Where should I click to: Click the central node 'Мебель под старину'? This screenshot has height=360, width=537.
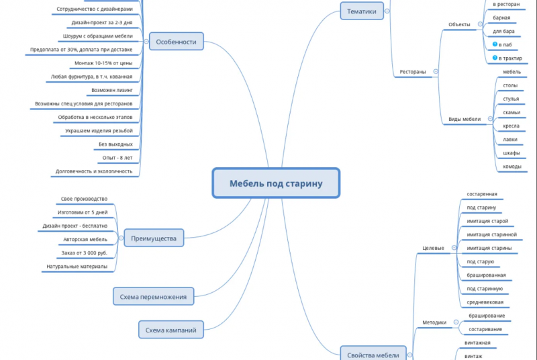pos(276,183)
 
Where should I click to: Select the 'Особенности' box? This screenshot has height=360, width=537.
pos(177,42)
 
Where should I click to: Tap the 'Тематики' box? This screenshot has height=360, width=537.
pos(362,11)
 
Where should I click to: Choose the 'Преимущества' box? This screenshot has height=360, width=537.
pos(154,238)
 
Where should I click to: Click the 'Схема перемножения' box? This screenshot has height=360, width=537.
pos(154,296)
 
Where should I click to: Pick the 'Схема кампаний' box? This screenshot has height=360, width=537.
pos(171,330)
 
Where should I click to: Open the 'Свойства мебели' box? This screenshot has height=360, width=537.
pos(373,354)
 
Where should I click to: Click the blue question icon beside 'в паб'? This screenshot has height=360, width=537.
pos(495,44)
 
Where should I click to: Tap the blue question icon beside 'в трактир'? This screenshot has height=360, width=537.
pos(495,58)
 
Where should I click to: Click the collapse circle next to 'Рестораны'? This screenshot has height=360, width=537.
pos(436,72)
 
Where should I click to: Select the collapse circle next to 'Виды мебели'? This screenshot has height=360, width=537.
pos(490,119)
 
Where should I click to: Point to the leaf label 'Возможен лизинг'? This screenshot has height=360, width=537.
pos(112,90)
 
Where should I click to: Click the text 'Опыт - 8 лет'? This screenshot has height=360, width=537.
pos(117,158)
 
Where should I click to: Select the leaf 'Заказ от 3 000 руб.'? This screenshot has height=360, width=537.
pos(85,253)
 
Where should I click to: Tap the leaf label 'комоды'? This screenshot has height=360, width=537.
pos(512,166)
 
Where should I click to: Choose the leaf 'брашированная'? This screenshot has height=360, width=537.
pos(486,275)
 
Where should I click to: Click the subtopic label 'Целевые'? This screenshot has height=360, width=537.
pos(433,248)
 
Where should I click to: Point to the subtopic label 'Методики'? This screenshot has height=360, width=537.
pos(434,322)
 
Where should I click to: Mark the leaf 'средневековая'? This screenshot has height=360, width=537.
pos(485,302)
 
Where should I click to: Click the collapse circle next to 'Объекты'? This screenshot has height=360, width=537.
pos(480,24)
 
